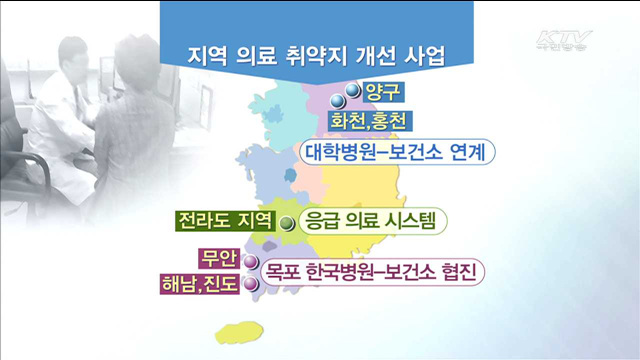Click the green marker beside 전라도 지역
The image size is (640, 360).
287,224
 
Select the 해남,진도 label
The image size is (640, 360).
200,285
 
